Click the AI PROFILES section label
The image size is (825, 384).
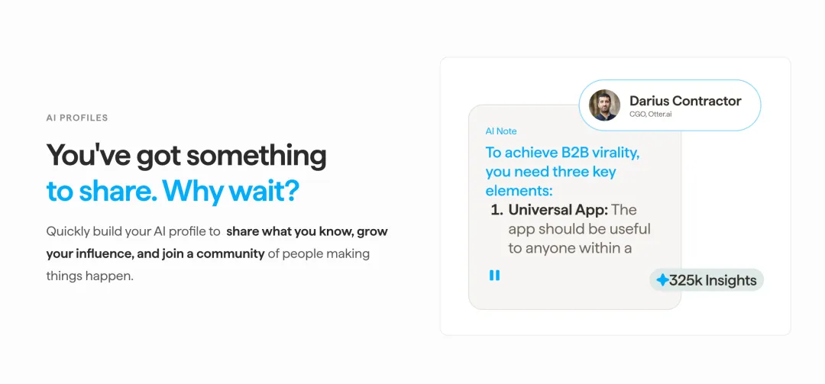click(x=77, y=118)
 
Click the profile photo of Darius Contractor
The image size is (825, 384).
click(x=604, y=105)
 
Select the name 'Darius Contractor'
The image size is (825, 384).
click(x=685, y=101)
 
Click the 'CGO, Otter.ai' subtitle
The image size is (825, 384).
click(x=650, y=114)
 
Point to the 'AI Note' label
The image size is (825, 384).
click(x=501, y=131)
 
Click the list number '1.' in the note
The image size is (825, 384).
click(x=497, y=210)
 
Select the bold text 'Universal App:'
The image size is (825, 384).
click(x=558, y=210)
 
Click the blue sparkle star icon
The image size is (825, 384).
click(x=662, y=280)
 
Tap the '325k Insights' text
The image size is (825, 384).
click(x=713, y=280)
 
